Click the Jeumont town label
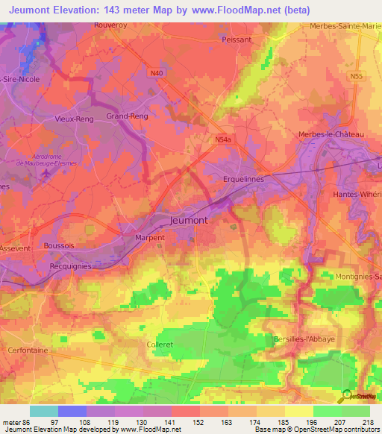point(189,221)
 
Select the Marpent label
point(149,238)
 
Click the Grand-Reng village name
point(128,116)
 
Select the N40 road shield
point(156,73)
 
